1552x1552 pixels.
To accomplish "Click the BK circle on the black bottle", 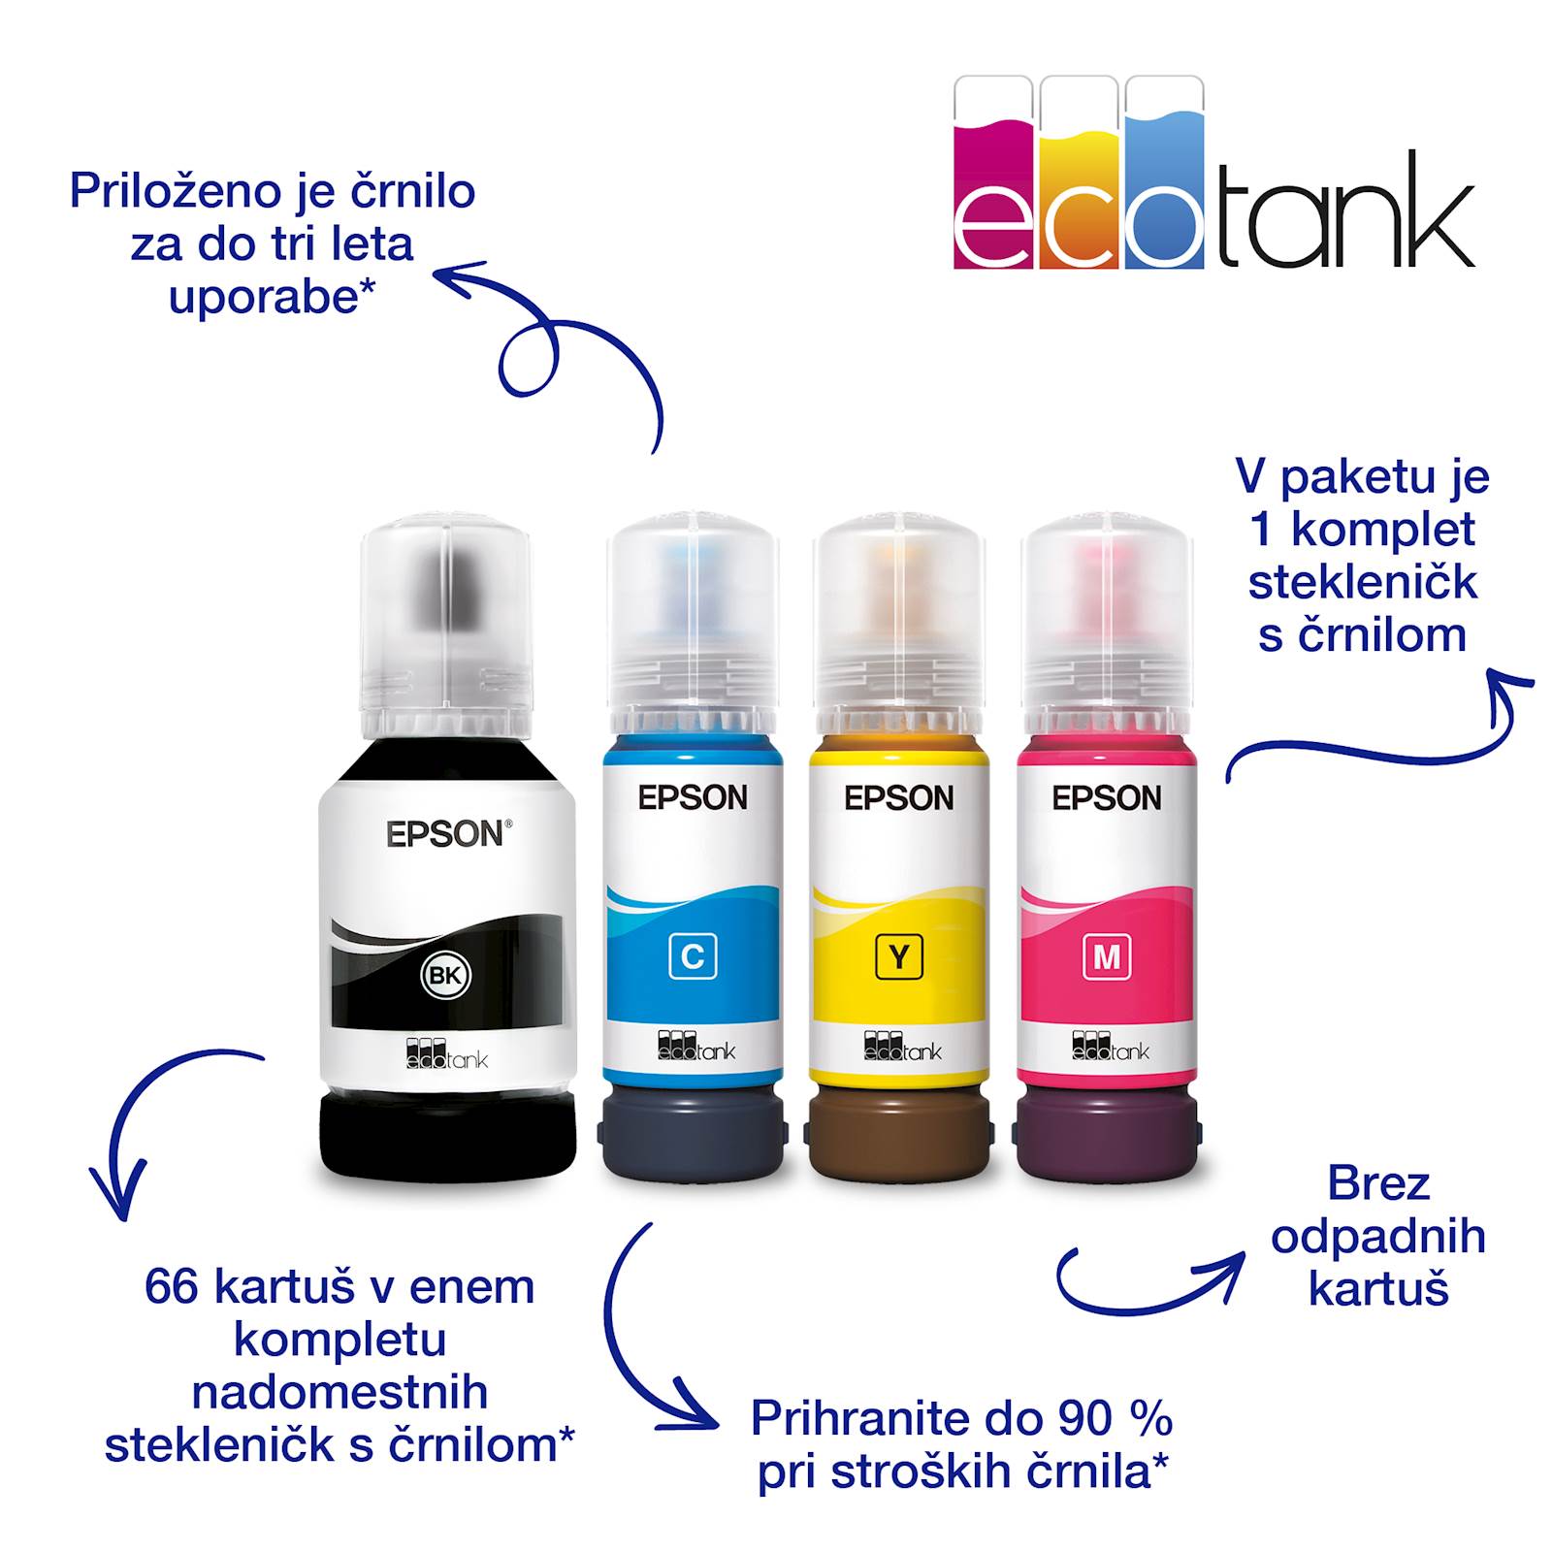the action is (x=445, y=976).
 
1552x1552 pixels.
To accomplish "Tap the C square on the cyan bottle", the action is (x=693, y=956).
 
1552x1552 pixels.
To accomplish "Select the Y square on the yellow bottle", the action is (x=899, y=956).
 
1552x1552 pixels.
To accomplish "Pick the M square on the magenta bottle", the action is (x=1106, y=956).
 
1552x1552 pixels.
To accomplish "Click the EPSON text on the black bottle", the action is (x=446, y=834).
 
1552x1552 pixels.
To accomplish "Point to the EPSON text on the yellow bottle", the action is (x=899, y=797).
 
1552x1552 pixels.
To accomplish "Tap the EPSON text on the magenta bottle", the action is (x=1107, y=797).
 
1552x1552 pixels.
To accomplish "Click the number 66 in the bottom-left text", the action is (x=172, y=1287).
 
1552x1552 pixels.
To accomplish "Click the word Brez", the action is (x=1377, y=1183).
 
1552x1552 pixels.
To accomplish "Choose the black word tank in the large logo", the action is (x=1345, y=211).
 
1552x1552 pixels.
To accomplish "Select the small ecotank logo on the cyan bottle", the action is (x=695, y=1046).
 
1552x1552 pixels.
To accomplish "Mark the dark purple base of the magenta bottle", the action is (x=1107, y=1131).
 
